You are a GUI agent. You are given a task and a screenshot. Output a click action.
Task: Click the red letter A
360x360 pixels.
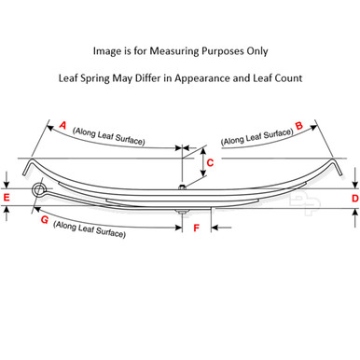coord(62,123)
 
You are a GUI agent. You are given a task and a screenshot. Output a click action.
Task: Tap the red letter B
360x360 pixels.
coord(298,123)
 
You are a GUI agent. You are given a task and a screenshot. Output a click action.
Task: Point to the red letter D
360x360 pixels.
coord(353,198)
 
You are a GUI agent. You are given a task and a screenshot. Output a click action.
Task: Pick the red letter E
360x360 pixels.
coord(7,198)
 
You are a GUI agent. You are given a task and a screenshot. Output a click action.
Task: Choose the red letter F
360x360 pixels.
coord(196,227)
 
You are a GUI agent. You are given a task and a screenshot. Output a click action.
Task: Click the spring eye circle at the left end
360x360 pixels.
coord(38,192)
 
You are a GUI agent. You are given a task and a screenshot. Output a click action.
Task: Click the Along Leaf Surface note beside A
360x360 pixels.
coord(107,139)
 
